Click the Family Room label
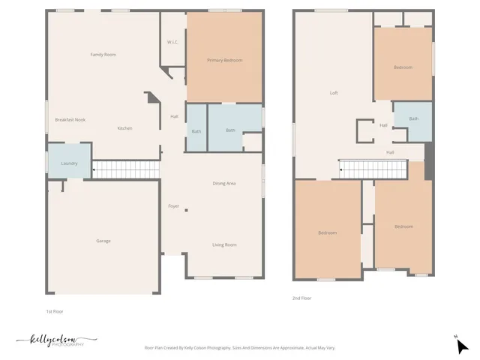pos(103,55)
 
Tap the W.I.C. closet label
pos(172,42)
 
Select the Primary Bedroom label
pos(224,60)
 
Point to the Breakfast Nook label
pos(70,120)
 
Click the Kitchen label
pos(124,128)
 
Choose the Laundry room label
pos(69,163)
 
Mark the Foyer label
pos(173,205)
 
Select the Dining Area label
pos(224,183)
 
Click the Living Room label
pos(224,244)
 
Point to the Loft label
pos(334,93)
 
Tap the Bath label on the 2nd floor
pos(413,118)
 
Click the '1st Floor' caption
pos(55,310)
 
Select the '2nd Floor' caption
pos(301,298)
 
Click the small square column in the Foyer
pos(186,211)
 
